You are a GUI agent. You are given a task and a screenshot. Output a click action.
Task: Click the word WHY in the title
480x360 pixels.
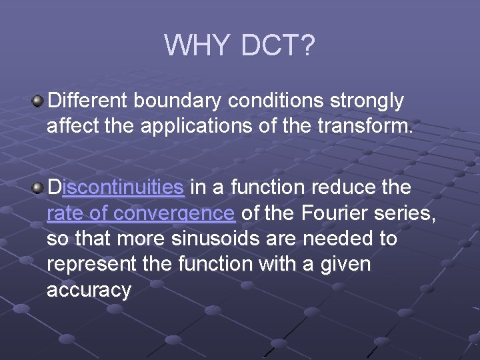[x=197, y=46]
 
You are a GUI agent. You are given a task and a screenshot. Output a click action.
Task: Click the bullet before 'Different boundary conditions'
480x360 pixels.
[x=38, y=101]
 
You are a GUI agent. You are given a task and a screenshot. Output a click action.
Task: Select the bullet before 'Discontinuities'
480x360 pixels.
[x=38, y=187]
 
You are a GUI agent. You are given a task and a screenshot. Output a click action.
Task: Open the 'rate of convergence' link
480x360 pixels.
[x=141, y=213]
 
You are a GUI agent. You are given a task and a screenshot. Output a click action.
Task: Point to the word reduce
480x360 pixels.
[x=342, y=187]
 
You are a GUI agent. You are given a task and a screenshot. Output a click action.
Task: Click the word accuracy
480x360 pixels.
[x=89, y=290]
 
